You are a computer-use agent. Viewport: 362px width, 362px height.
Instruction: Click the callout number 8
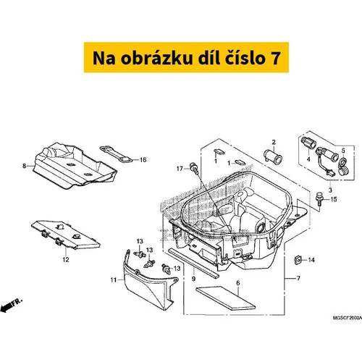tap(24, 166)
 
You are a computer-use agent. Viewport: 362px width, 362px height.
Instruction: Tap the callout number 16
tap(143, 160)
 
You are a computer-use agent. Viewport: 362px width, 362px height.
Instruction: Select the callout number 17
tap(180, 169)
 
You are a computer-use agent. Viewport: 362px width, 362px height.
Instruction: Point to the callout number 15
tap(334, 200)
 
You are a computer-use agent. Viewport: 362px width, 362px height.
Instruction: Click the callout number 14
tap(311, 260)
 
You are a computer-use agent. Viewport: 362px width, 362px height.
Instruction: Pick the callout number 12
tap(66, 260)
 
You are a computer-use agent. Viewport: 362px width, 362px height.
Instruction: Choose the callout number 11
tap(114, 280)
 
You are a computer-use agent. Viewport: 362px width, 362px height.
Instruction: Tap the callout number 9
tap(193, 279)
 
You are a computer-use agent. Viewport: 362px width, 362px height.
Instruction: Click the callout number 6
tap(238, 283)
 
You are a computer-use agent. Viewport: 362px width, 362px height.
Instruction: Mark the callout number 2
tap(274, 142)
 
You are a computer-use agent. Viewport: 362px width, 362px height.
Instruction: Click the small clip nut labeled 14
tap(298, 260)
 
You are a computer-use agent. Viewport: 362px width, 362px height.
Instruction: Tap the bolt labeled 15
tap(319, 198)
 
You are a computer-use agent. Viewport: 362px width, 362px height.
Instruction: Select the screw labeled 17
tap(194, 167)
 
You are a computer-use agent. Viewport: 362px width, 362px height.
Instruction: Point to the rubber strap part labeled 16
tap(116, 154)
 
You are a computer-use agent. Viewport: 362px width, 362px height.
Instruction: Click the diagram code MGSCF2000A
tap(348, 318)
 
